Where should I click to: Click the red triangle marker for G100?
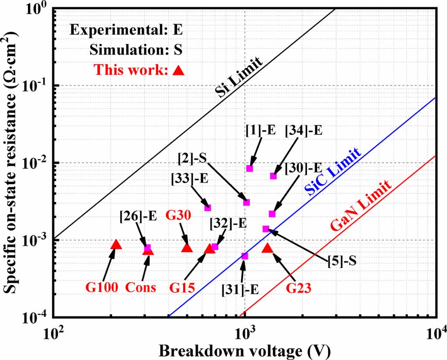coord(116,244)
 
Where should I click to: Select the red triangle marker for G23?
coord(267,248)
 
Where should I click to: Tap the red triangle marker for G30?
coord(187,248)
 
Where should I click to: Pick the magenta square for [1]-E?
coord(249,168)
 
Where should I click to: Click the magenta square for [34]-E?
coord(273,176)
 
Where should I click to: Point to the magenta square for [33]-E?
coord(208,208)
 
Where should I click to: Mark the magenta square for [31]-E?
coord(245,256)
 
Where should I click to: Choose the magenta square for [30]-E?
coord(272,214)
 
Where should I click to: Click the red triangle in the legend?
coord(178,70)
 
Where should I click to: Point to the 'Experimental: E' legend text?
coord(126,31)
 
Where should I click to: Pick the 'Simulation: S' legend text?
coord(136,50)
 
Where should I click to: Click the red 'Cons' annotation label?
coord(141,288)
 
